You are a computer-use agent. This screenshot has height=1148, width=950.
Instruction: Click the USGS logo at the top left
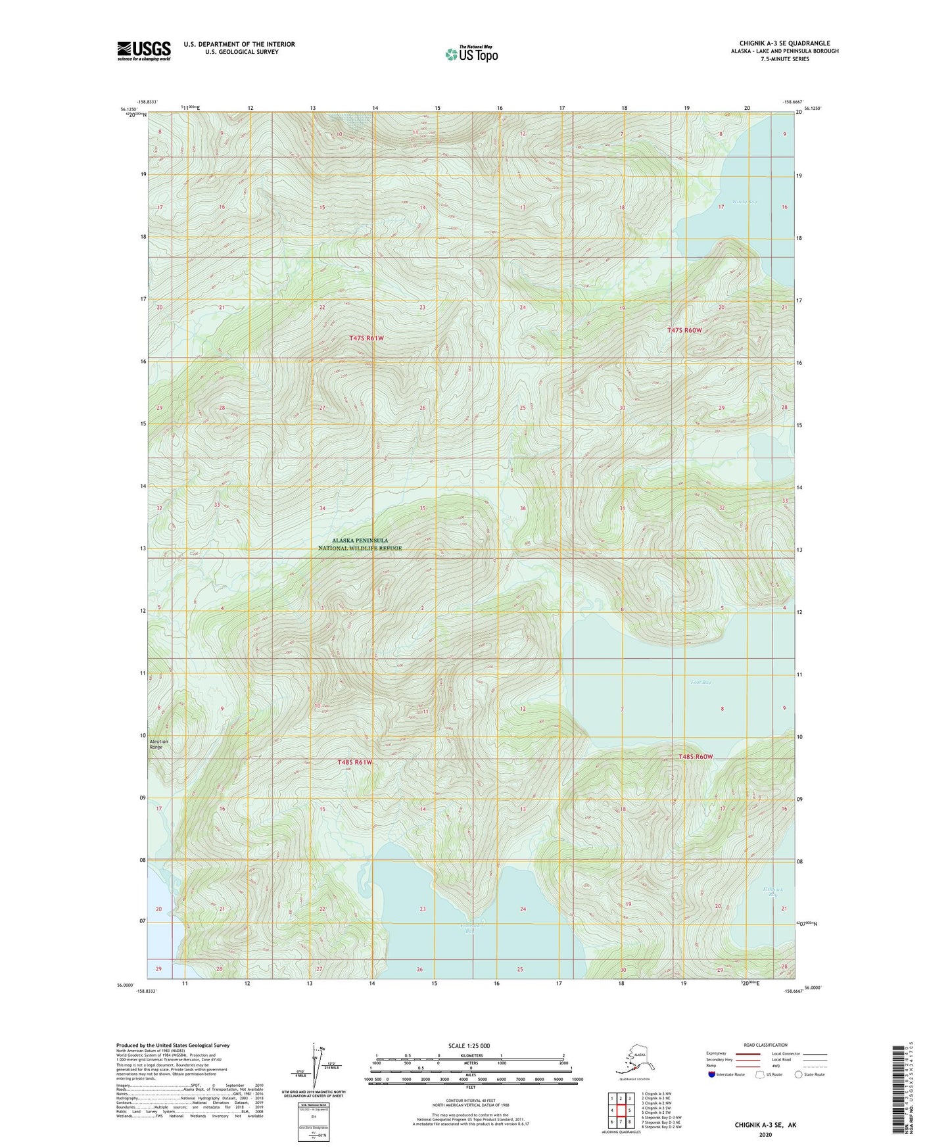[x=144, y=51]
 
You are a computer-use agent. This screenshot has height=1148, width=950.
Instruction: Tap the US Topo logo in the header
[x=471, y=53]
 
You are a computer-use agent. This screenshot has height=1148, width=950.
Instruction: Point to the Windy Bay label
[x=744, y=202]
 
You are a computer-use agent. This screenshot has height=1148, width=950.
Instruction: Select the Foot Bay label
[x=701, y=682]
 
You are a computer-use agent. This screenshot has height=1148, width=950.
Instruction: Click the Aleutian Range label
[x=159, y=744]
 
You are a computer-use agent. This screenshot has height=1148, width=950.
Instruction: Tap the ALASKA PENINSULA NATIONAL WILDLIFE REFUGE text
[x=360, y=544]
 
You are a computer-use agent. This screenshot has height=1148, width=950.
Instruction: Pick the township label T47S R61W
[x=366, y=338]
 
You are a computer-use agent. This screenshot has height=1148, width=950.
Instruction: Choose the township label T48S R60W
[x=696, y=757]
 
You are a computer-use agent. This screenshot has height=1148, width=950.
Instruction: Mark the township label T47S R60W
[x=684, y=330]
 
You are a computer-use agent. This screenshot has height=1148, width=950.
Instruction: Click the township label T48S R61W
[x=355, y=762]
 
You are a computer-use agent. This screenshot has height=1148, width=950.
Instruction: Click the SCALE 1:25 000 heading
[x=469, y=1045]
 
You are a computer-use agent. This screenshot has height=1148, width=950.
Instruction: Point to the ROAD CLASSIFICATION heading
[x=765, y=1045]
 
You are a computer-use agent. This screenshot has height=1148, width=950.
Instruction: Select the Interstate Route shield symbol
[x=712, y=1074]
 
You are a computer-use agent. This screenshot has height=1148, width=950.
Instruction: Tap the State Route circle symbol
[x=799, y=1074]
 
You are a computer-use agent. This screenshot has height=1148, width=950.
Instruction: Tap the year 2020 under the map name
[x=765, y=1134]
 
